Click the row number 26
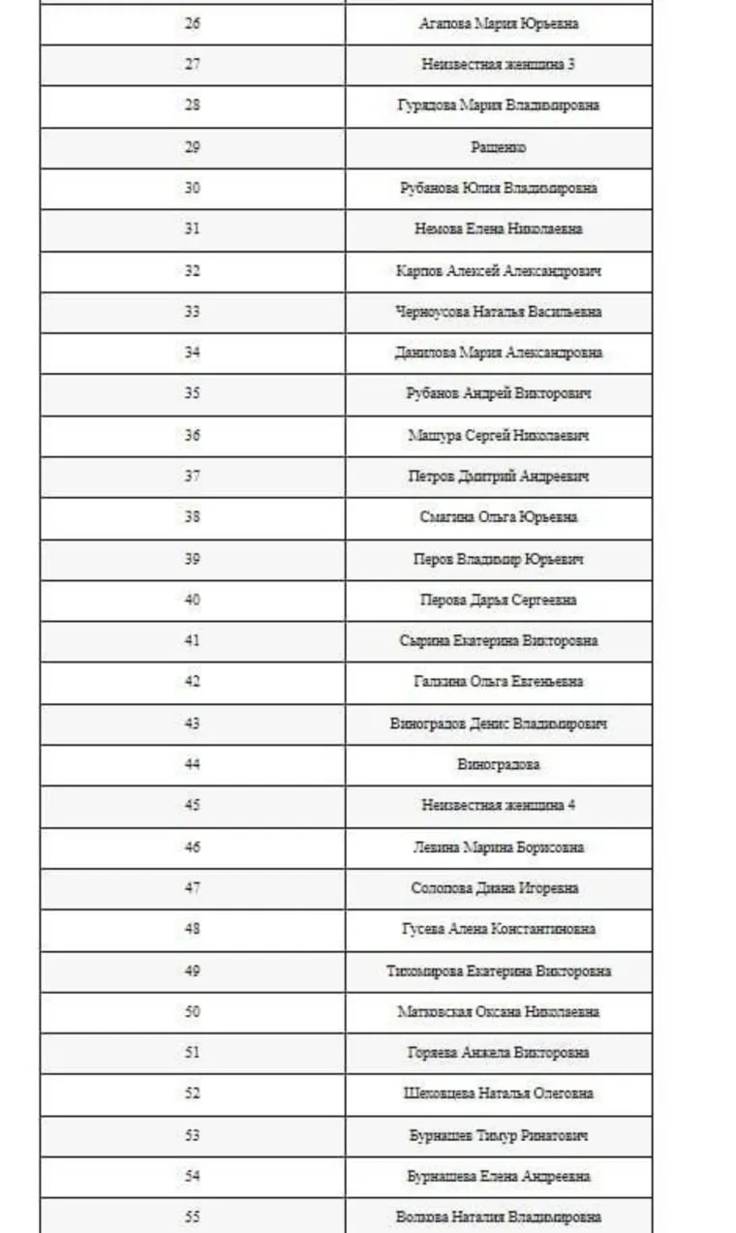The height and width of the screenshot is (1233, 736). pos(192,23)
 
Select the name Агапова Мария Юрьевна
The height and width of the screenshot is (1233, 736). pos(499,23)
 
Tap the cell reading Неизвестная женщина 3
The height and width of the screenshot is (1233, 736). pos(499,65)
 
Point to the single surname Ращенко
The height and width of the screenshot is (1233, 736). pos(499,147)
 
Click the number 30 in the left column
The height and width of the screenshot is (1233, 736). pos(192,188)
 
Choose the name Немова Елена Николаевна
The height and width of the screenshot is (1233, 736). pos(499,230)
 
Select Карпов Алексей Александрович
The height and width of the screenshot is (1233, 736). pos(499,271)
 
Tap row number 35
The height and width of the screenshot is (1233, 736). pos(192,394)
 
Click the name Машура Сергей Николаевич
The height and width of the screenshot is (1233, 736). pos(499,436)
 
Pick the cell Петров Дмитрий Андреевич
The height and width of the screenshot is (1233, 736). pos(499,477)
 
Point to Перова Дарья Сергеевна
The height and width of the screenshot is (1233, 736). pos(499,601)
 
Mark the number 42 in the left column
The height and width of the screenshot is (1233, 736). pos(192,682)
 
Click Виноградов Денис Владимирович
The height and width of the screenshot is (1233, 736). pos(499,724)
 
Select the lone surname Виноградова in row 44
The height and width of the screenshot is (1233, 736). pos(499,765)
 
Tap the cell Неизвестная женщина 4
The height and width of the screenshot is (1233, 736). pos(499,806)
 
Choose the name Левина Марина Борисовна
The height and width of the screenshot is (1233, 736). pos(499,848)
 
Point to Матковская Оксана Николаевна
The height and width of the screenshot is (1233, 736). pos(499,1012)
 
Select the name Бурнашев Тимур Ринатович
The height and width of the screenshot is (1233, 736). pos(499,1136)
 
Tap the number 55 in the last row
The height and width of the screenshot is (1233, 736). pos(192,1218)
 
